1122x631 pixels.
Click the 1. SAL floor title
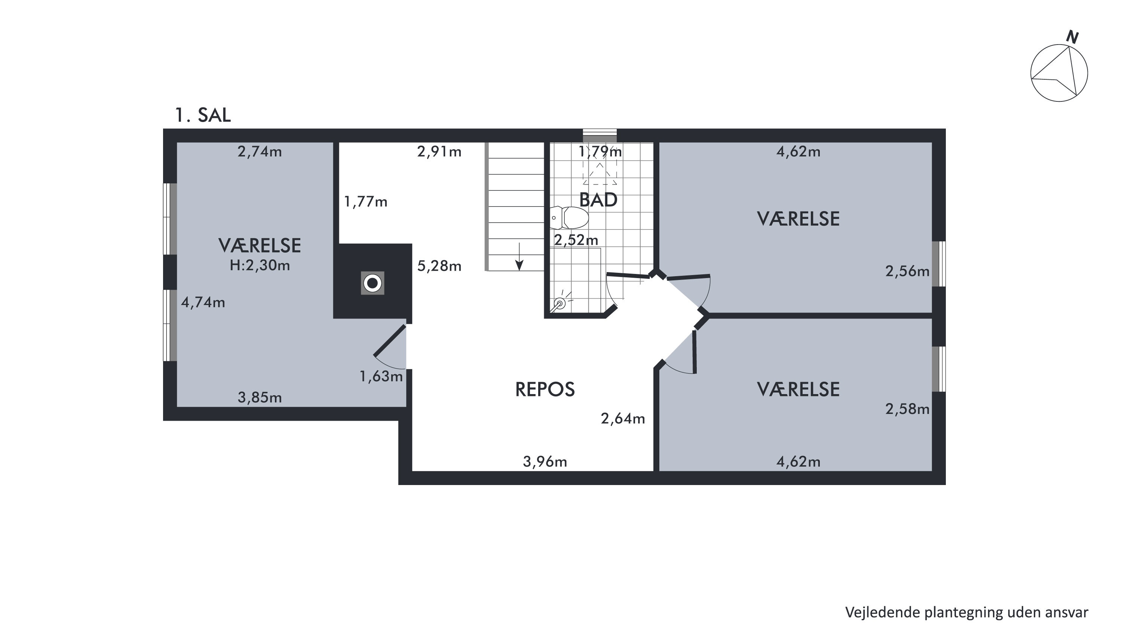203,115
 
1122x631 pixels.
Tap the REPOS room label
545,389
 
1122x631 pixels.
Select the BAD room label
598,200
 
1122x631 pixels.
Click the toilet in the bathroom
569,217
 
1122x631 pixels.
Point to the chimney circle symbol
373,283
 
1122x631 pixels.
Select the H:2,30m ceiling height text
260,265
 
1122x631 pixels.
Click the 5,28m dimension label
439,266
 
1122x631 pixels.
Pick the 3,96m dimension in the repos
545,461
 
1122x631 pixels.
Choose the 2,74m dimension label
260,152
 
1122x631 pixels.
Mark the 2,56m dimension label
907,271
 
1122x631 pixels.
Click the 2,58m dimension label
907,409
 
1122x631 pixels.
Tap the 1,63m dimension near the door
381,377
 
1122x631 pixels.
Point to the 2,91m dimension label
439,152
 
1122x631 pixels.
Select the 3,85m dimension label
260,397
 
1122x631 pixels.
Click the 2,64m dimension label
623,419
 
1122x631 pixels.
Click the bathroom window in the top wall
600,135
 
